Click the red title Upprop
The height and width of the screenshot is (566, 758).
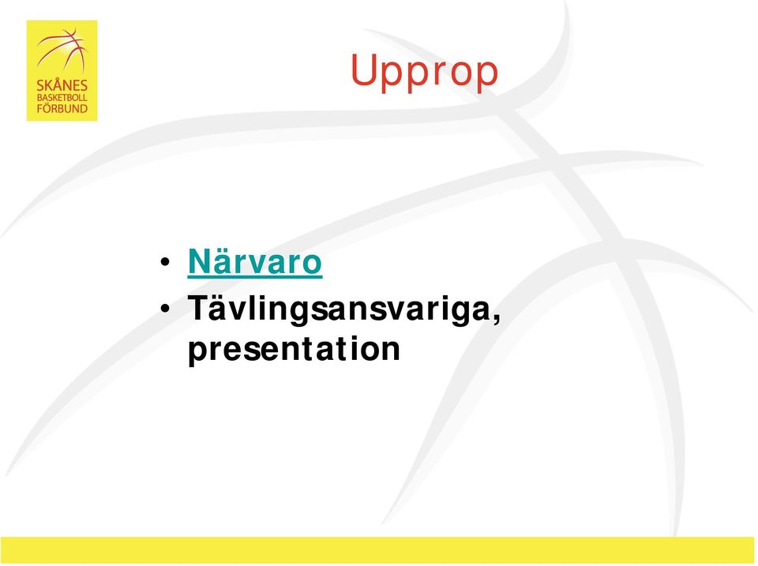pos(424,72)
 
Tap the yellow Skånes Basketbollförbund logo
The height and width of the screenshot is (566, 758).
pos(62,70)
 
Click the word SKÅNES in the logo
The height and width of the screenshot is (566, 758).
pos(62,85)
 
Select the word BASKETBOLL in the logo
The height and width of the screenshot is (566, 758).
pos(62,98)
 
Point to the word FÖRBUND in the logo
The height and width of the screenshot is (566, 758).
pos(62,109)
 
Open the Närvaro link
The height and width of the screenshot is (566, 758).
pos(255,262)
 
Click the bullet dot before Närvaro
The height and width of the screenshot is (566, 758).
pos(165,262)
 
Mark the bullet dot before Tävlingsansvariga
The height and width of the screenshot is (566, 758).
pos(165,309)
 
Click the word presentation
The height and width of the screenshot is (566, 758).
pos(294,349)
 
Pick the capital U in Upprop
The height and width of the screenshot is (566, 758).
pos(362,69)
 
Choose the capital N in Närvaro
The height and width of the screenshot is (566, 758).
pos(199,261)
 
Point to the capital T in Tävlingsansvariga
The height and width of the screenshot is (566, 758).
pos(199,307)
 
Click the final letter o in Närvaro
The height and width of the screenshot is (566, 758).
pos(312,265)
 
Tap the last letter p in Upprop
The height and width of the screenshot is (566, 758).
pos(486,77)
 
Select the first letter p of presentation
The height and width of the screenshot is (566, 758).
pos(198,353)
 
